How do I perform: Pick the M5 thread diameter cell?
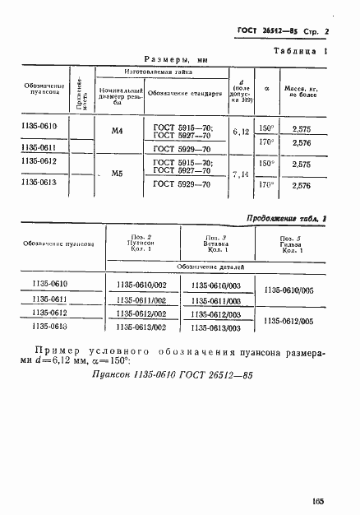(x=116, y=174)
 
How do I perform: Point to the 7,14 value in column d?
(x=242, y=174)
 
